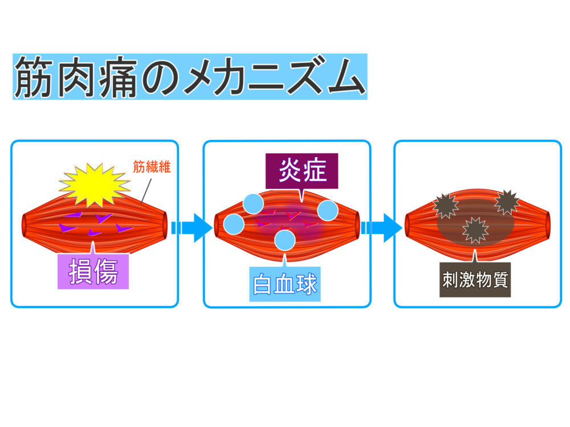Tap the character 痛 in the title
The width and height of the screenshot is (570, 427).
pos(113,77)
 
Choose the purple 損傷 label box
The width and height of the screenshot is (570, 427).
pos(93,271)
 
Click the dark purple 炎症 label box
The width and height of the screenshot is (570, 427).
pos(302,170)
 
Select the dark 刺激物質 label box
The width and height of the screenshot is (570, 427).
pos(475,280)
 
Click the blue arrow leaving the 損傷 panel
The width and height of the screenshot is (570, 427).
pos(190,227)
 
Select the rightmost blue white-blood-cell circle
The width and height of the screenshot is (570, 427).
pos(328,211)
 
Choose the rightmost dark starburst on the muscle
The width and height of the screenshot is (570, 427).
pos(506,202)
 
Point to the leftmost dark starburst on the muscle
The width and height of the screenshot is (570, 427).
pos(445,206)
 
